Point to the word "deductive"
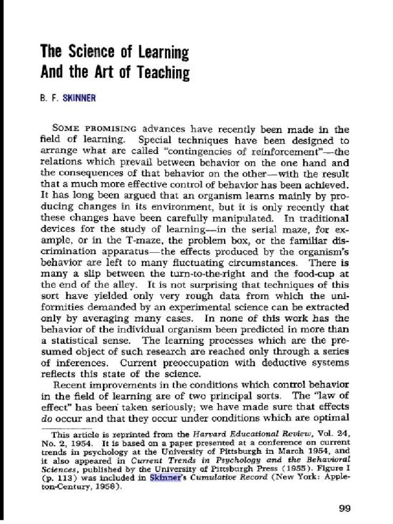(266, 363)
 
